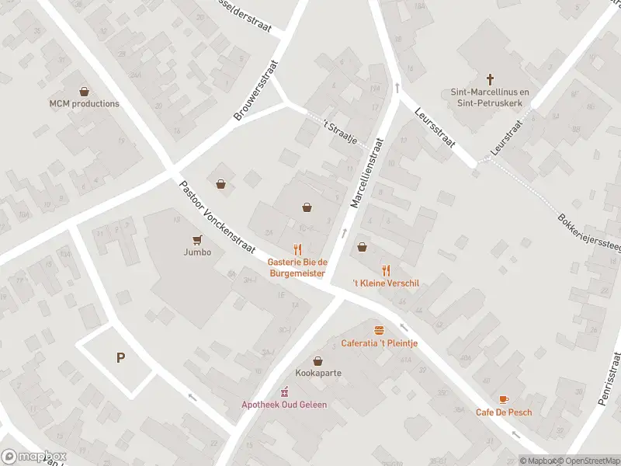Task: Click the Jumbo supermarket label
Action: pos(197,252)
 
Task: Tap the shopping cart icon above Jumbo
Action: pos(197,239)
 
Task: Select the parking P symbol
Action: pos(120,358)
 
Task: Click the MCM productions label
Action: pos(85,103)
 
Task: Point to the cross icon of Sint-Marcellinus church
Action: pos(490,78)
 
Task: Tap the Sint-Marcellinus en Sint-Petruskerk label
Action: pos(490,96)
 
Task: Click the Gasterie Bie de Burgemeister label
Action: pos(297,267)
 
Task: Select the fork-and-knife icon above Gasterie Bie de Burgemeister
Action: pos(297,249)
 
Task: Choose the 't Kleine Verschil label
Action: pos(386,283)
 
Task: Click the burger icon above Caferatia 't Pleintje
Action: pos(380,330)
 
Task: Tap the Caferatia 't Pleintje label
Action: pos(380,343)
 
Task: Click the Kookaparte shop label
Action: pos(318,373)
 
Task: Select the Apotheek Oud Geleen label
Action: pos(284,404)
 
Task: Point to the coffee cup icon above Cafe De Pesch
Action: pos(504,399)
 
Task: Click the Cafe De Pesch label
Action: pos(504,412)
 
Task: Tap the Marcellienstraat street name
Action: pos(368,172)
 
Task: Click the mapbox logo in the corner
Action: pos(34,457)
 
